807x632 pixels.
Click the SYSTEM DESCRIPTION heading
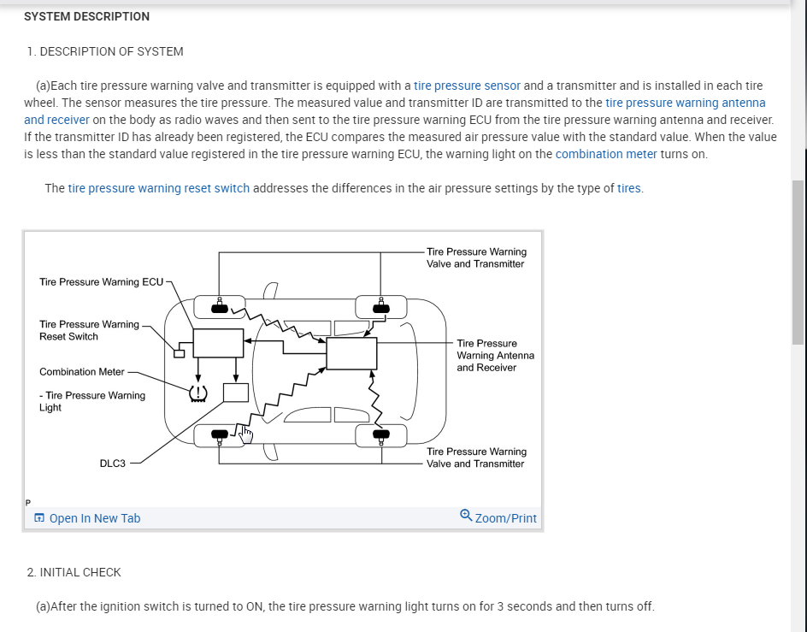[86, 16]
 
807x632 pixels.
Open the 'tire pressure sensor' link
[467, 86]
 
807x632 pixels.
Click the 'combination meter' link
[606, 154]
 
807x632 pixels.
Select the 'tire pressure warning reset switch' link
[159, 188]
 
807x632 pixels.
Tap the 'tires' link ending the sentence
[628, 188]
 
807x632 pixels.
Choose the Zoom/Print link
[505, 518]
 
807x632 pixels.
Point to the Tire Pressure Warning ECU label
[101, 282]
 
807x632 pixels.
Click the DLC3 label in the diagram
[112, 464]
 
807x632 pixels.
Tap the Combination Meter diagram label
[82, 372]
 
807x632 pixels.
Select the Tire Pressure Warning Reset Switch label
[89, 330]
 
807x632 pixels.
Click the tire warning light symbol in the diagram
[197, 393]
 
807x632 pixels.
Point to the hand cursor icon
[246, 435]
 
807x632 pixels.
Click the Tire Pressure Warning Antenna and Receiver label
[495, 355]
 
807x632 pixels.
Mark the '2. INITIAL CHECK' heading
[74, 572]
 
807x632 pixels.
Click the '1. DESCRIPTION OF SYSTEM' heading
[105, 51]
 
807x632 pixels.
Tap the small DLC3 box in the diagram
[235, 393]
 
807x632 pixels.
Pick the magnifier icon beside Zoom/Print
[465, 516]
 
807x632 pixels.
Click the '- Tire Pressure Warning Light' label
[92, 401]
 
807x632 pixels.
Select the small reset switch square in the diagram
[180, 354]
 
